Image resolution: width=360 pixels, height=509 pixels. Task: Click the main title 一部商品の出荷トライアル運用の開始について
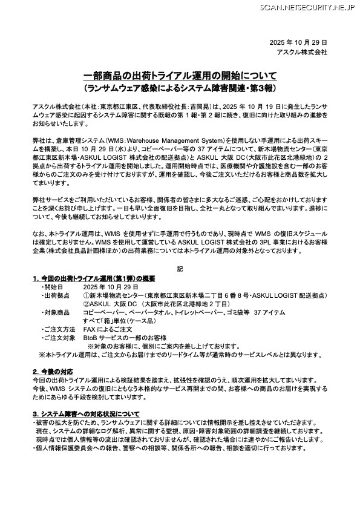click(180, 76)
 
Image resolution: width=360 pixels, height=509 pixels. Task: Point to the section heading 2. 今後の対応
click(53, 371)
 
